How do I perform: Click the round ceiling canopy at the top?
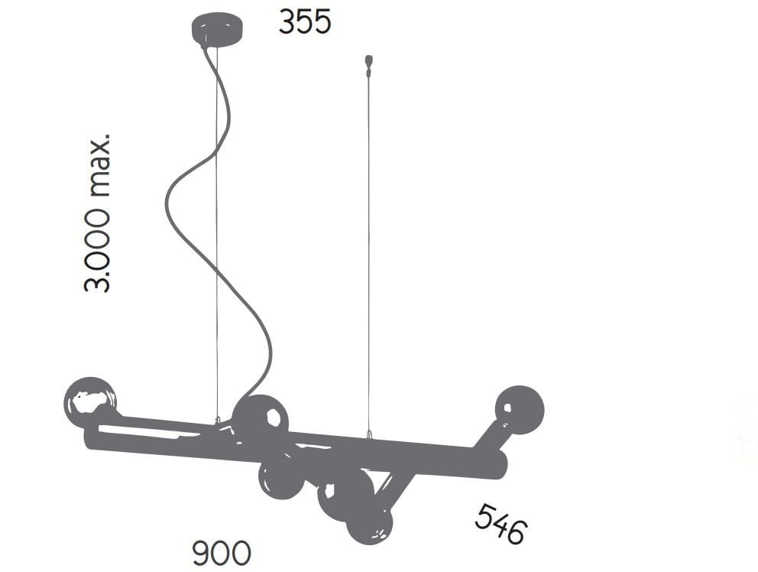tap(217, 29)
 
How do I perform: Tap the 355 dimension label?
tap(305, 22)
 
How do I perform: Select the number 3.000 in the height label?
tap(97, 250)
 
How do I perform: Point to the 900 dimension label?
tap(222, 553)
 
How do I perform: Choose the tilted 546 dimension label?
tap(500, 524)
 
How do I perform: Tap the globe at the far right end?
tap(519, 410)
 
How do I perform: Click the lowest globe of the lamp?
tap(370, 524)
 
